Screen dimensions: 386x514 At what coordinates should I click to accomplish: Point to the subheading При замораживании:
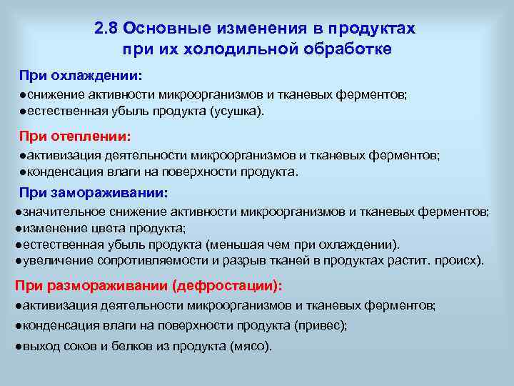94,192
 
